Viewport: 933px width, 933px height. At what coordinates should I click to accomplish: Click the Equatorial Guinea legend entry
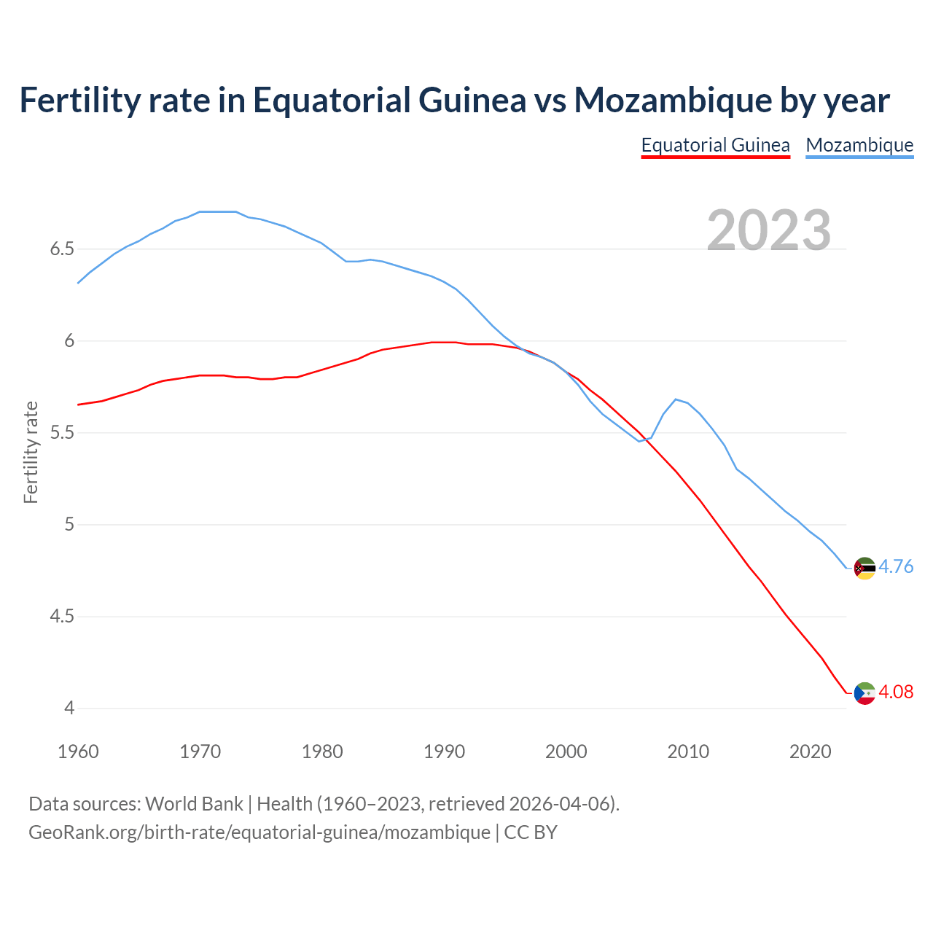(715, 145)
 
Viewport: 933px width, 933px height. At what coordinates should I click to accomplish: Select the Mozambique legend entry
(859, 145)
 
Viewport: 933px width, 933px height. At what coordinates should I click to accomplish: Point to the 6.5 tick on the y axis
(62, 249)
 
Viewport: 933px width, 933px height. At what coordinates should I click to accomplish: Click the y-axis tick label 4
(69, 708)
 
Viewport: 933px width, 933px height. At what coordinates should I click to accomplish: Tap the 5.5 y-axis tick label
(62, 433)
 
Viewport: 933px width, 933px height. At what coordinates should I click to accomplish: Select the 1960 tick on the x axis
(78, 752)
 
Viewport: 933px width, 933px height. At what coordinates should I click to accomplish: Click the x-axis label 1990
(444, 752)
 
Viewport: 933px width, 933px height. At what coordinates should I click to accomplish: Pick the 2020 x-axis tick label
(810, 752)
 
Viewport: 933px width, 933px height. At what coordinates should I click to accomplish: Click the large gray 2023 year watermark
(768, 230)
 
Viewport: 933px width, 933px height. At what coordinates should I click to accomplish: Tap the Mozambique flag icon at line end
(864, 568)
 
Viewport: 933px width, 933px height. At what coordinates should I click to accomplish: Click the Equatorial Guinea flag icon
(864, 693)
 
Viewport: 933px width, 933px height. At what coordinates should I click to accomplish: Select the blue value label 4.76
(896, 566)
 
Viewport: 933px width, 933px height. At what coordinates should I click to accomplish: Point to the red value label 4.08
(896, 692)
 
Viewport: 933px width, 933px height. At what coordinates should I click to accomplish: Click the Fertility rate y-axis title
(31, 452)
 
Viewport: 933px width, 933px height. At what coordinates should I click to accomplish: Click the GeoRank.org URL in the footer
(259, 832)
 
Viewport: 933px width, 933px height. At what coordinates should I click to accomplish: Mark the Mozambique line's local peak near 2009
(676, 399)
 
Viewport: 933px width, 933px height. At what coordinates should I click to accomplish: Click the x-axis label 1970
(200, 752)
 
